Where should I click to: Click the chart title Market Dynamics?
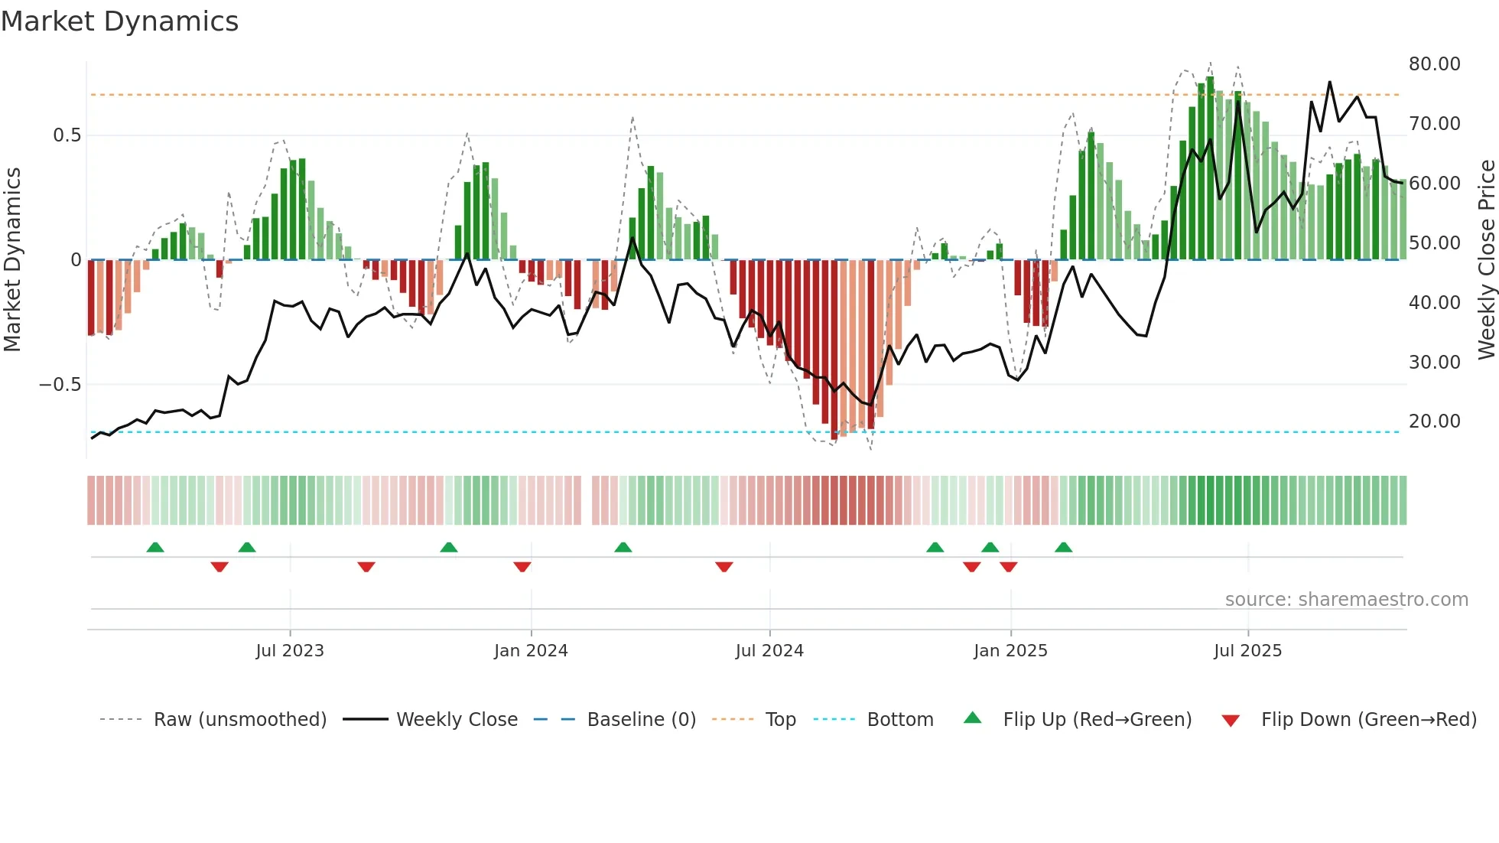click(x=119, y=21)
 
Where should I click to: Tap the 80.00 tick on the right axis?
click(x=1434, y=64)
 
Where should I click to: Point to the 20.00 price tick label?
click(x=1434, y=421)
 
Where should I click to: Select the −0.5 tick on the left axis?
click(x=60, y=385)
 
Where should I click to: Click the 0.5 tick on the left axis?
click(x=67, y=135)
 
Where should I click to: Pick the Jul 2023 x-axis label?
click(x=290, y=651)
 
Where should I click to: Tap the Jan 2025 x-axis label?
click(x=1010, y=651)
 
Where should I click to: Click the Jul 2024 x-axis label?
click(x=769, y=651)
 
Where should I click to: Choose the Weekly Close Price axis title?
click(x=1486, y=259)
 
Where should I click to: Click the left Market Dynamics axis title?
click(x=12, y=259)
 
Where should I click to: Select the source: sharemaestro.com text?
click(x=1346, y=600)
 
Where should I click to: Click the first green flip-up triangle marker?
click(x=155, y=548)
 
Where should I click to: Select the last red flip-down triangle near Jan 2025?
click(x=1008, y=567)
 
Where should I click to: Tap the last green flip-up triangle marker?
click(x=1063, y=548)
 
